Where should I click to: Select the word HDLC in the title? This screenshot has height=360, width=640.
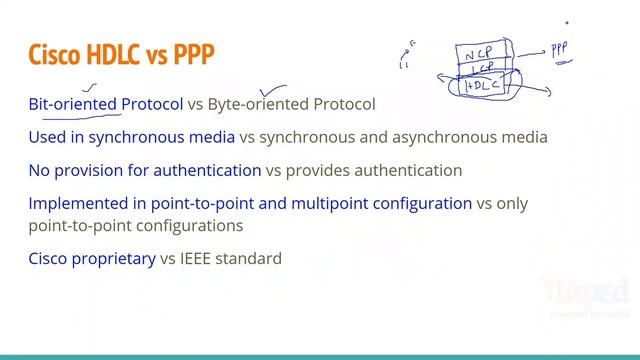click(x=126, y=54)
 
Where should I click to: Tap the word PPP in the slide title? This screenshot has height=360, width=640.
click(x=194, y=54)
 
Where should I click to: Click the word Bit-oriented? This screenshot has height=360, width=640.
click(x=74, y=104)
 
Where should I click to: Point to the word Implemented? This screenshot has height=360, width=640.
click(x=79, y=203)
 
